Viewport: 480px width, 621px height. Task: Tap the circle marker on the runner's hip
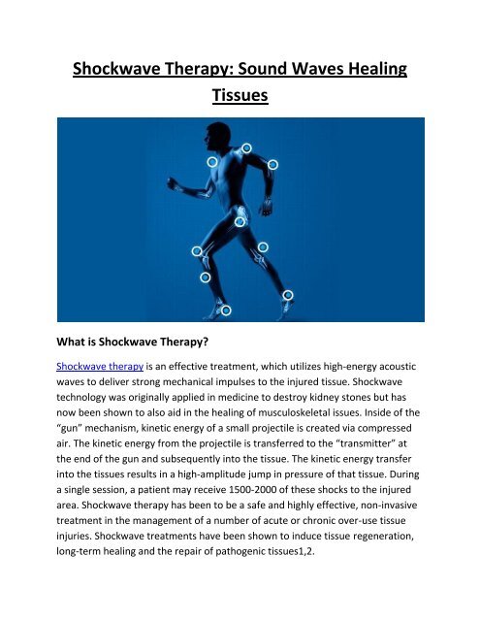point(240,221)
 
